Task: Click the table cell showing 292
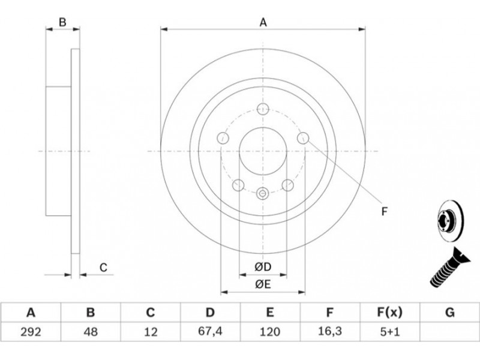coord(31,332)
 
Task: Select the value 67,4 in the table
coord(210,332)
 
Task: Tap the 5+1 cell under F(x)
coord(390,332)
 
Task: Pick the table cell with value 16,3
coord(329,332)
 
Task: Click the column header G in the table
coord(449,313)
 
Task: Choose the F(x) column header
coord(389,313)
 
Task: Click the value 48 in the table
coord(91,332)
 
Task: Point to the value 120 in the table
coord(269,332)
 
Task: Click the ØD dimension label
coord(263,267)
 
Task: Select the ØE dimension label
coord(263,284)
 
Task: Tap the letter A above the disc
coord(263,23)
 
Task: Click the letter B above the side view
coord(62,22)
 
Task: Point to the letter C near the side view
coord(103,268)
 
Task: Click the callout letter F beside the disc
coord(385,211)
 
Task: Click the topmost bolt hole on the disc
coord(263,109)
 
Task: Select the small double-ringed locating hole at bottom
coord(263,193)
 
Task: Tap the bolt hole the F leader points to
coord(303,138)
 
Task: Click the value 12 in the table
coord(151,332)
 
